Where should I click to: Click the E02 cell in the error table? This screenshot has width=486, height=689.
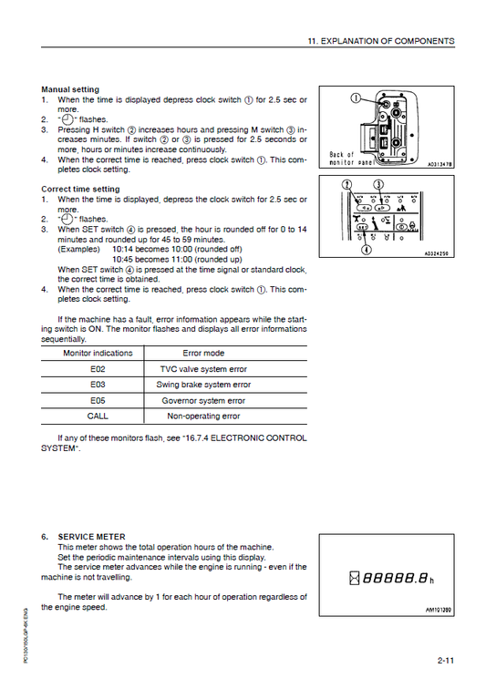click(x=98, y=369)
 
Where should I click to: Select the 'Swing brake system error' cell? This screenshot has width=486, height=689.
click(x=203, y=385)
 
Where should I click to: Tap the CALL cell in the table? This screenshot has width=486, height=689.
click(x=98, y=416)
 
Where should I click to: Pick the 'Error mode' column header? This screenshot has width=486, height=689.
click(x=203, y=353)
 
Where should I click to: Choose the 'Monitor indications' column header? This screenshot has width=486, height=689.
click(x=98, y=353)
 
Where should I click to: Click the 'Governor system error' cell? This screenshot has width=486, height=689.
click(x=203, y=400)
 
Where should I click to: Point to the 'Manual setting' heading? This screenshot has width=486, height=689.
click(x=70, y=89)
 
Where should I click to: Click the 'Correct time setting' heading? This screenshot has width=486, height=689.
click(x=80, y=190)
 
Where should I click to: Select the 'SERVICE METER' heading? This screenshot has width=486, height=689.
click(x=91, y=537)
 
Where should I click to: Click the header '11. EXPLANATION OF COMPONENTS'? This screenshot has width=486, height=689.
click(x=382, y=42)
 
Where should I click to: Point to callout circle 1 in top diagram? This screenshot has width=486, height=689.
click(x=357, y=100)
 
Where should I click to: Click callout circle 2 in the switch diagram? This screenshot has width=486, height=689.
click(x=346, y=185)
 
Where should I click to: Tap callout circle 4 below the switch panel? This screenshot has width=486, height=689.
click(x=365, y=248)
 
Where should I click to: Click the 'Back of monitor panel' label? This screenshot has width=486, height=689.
click(x=350, y=159)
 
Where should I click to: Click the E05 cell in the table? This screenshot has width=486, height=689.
click(x=98, y=400)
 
